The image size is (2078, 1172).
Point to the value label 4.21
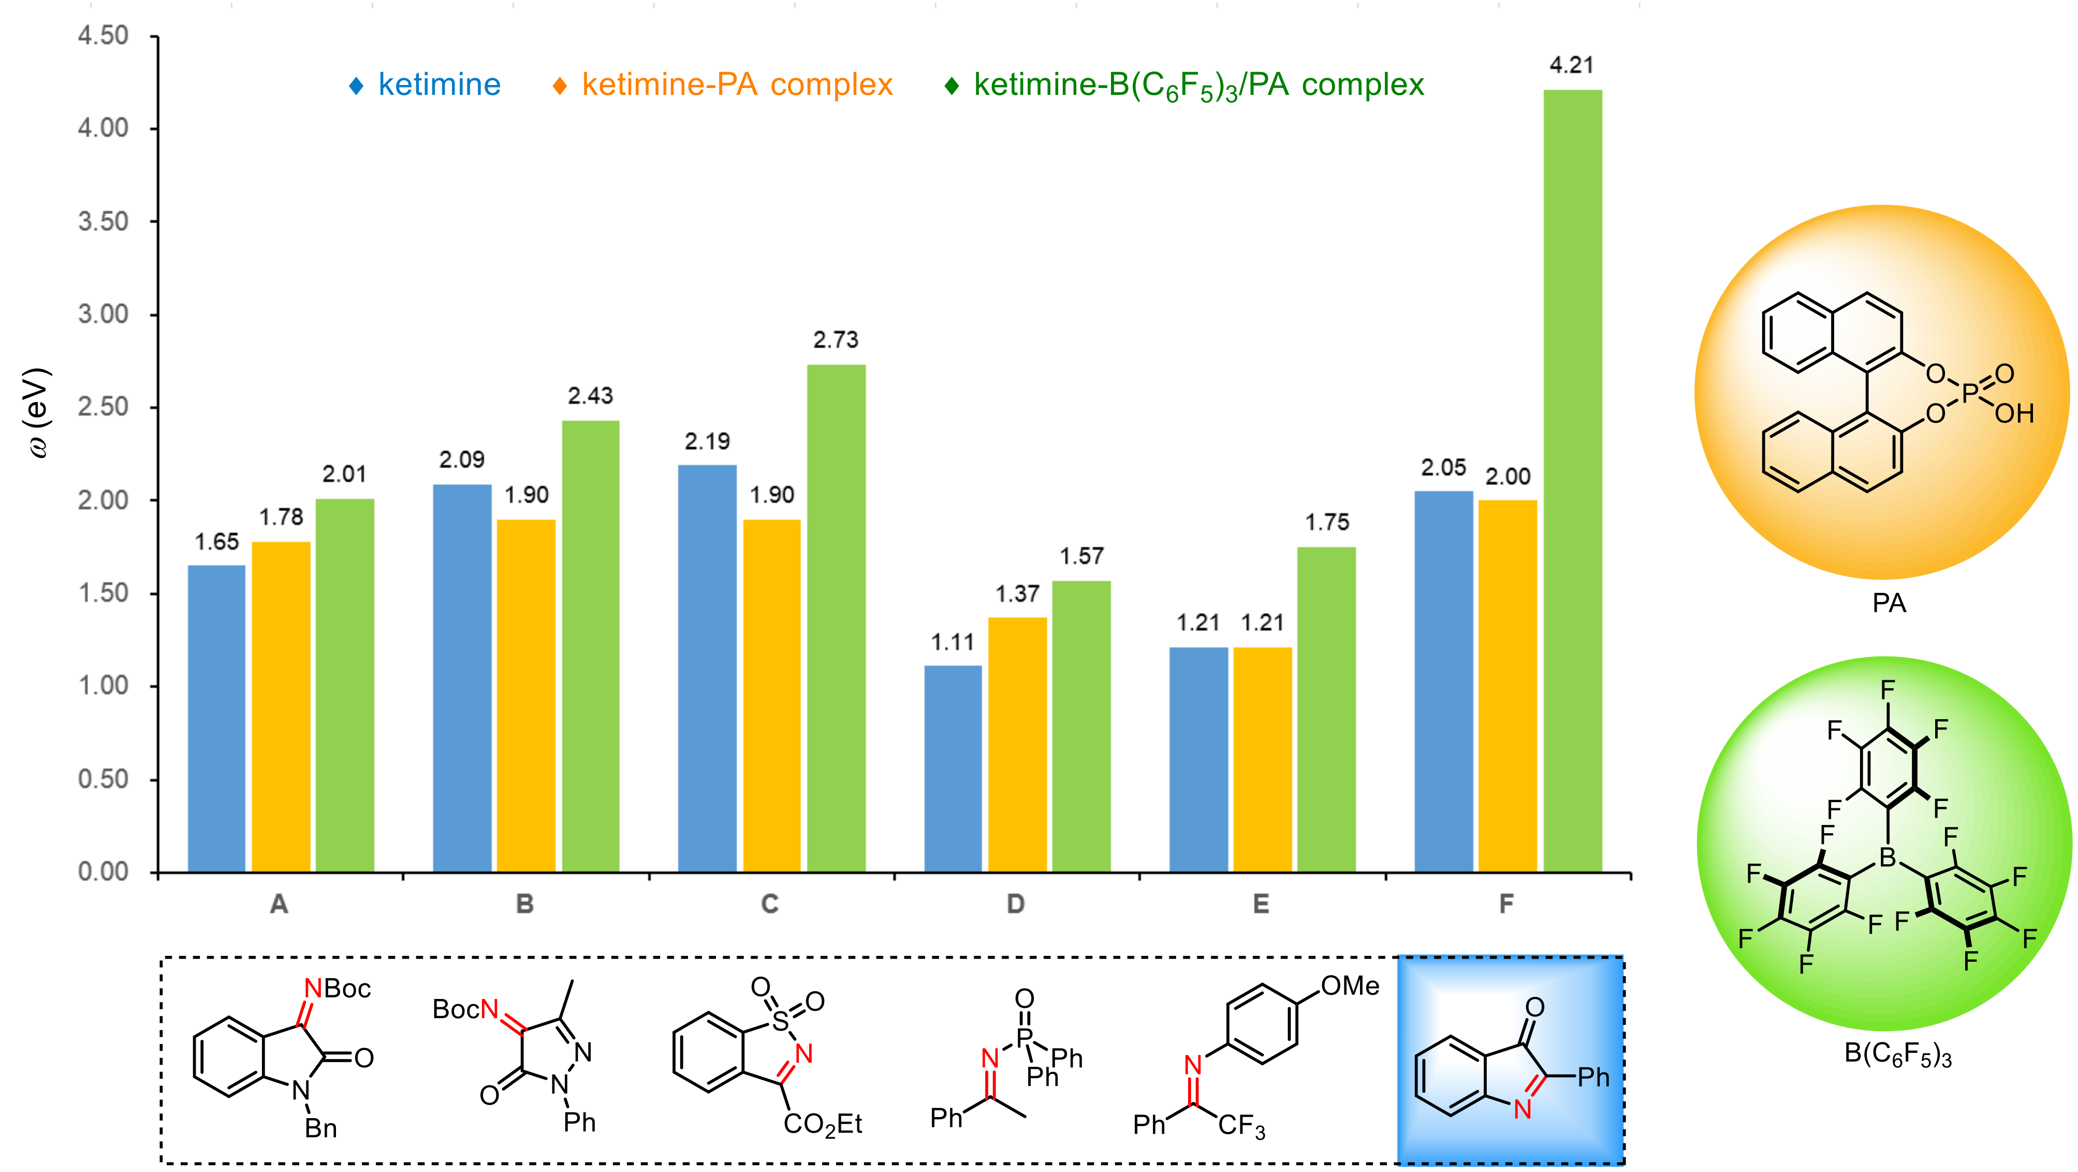[1571, 65]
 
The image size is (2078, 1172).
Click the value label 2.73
[836, 340]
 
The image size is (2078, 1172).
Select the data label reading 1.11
[953, 642]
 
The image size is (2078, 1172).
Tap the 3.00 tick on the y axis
[103, 314]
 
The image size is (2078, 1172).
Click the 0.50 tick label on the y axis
[103, 779]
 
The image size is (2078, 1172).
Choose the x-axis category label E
[1261, 904]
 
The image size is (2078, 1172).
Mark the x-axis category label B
[524, 904]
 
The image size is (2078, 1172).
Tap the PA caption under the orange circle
[1889, 603]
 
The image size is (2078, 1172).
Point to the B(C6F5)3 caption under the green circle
[1897, 1055]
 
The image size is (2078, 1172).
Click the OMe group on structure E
[1350, 985]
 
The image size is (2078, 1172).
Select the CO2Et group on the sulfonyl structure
[822, 1124]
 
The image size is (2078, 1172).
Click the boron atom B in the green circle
[1887, 857]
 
